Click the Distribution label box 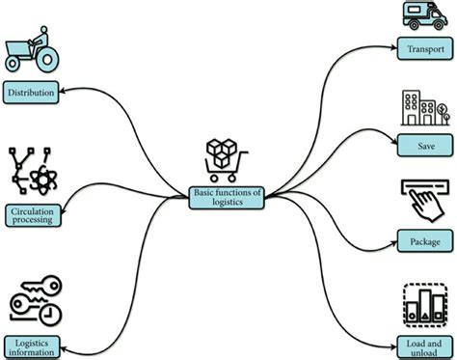pyautogui.click(x=31, y=93)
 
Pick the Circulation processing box pyautogui.click(x=31, y=214)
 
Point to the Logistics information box pyautogui.click(x=33, y=345)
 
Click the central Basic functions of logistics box pyautogui.click(x=226, y=197)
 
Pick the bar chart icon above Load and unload pyautogui.click(x=422, y=308)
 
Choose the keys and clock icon pyautogui.click(x=33, y=300)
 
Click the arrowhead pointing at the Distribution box pyautogui.click(x=62, y=93)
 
